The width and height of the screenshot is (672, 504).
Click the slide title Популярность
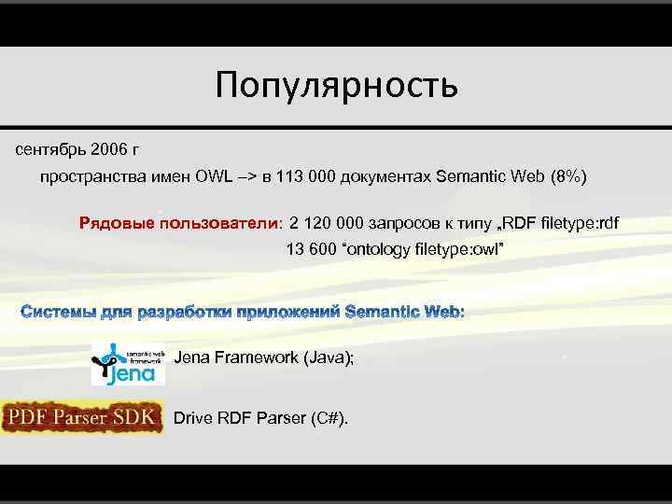(336, 85)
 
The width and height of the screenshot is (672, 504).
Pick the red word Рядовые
(117, 224)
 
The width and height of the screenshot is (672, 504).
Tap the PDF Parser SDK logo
(82, 418)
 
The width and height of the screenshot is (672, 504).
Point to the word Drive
(193, 418)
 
